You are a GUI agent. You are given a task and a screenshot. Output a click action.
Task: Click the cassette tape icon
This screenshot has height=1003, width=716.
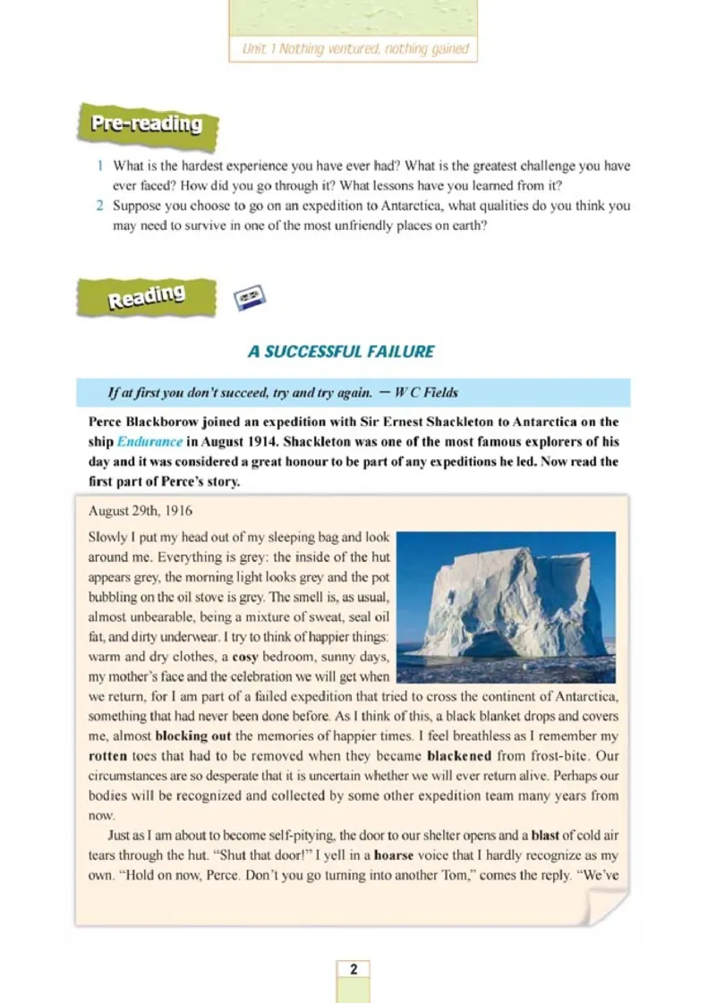click(251, 298)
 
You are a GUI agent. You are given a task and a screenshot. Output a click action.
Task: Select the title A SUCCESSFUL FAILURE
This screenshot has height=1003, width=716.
click(341, 352)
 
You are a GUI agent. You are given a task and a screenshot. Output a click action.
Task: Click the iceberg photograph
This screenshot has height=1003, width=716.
click(506, 607)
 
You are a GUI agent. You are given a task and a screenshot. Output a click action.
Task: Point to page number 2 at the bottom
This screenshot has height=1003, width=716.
click(354, 969)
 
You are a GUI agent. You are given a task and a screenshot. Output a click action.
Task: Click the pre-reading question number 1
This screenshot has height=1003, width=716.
click(101, 166)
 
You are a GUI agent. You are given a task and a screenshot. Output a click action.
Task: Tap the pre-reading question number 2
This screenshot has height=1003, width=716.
click(101, 206)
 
